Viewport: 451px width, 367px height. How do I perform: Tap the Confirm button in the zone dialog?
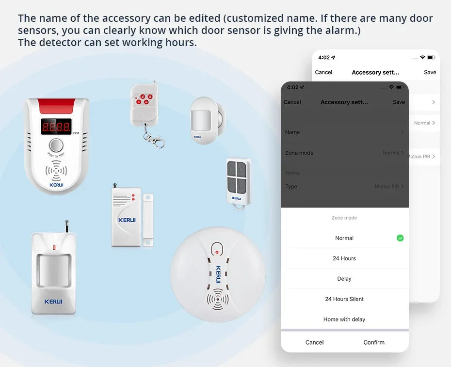(374, 342)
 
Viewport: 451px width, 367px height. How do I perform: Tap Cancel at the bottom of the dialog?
(314, 342)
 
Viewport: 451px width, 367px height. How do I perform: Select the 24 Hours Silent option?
(344, 299)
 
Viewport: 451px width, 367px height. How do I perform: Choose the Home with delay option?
(344, 319)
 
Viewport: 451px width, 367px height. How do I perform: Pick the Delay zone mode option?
(344, 279)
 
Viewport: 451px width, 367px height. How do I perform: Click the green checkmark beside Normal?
(400, 238)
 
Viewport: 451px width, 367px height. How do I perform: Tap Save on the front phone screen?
(399, 102)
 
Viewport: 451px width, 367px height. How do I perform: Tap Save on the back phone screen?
(430, 72)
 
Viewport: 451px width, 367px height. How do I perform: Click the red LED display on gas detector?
(56, 127)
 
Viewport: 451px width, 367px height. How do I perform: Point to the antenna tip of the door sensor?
(114, 185)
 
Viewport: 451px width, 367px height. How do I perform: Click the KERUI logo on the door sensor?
(127, 220)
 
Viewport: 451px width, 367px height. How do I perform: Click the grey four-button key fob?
(236, 178)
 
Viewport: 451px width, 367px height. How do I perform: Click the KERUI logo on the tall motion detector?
(53, 302)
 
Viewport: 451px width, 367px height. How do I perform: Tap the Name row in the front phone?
(344, 132)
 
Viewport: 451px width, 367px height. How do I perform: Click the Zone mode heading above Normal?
(344, 218)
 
